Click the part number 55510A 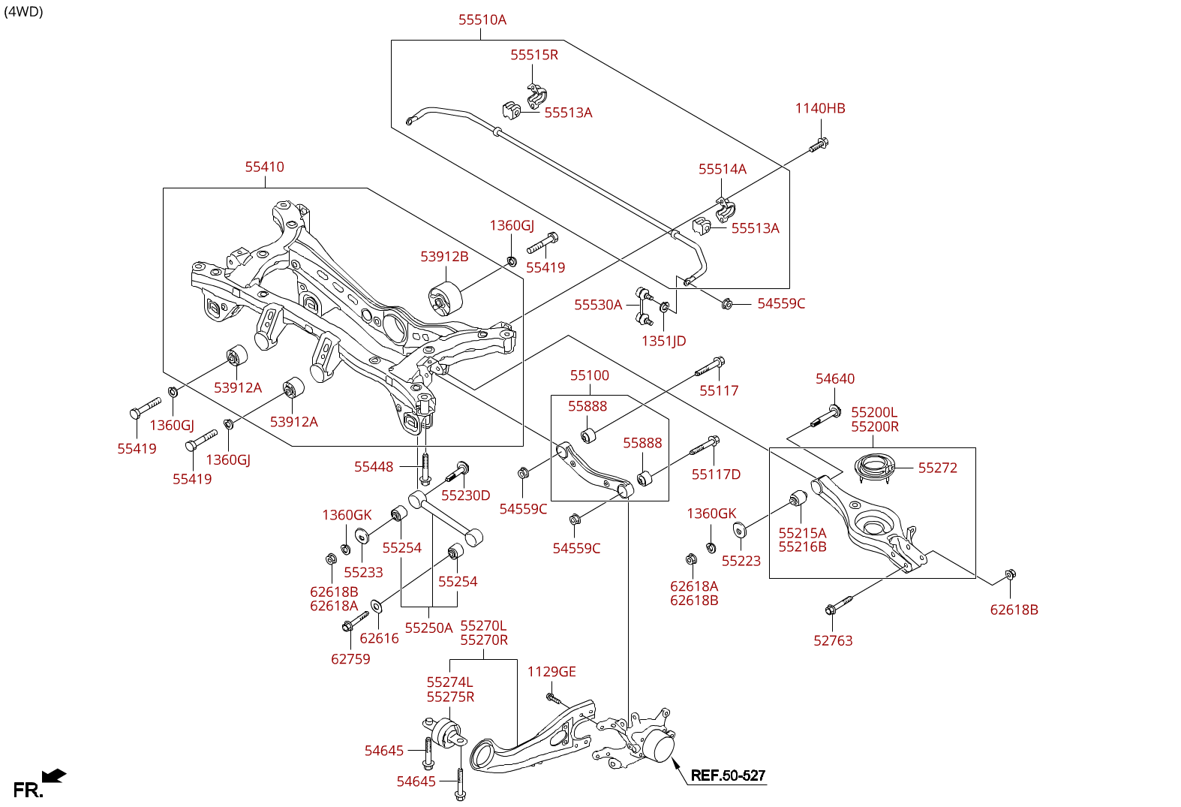[x=482, y=20]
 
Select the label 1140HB [x=820, y=109]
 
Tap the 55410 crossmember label [x=265, y=167]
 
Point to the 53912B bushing [x=446, y=298]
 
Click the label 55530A [x=598, y=305]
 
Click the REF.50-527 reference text [x=728, y=776]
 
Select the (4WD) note [x=24, y=12]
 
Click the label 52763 [x=833, y=641]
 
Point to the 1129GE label [x=551, y=672]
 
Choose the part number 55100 [x=590, y=376]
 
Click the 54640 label [x=835, y=379]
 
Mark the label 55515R [x=534, y=56]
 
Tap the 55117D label [x=716, y=474]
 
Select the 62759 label [x=350, y=659]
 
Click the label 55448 [x=374, y=467]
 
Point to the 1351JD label [x=663, y=342]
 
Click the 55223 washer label [x=741, y=562]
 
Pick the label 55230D [x=465, y=495]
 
